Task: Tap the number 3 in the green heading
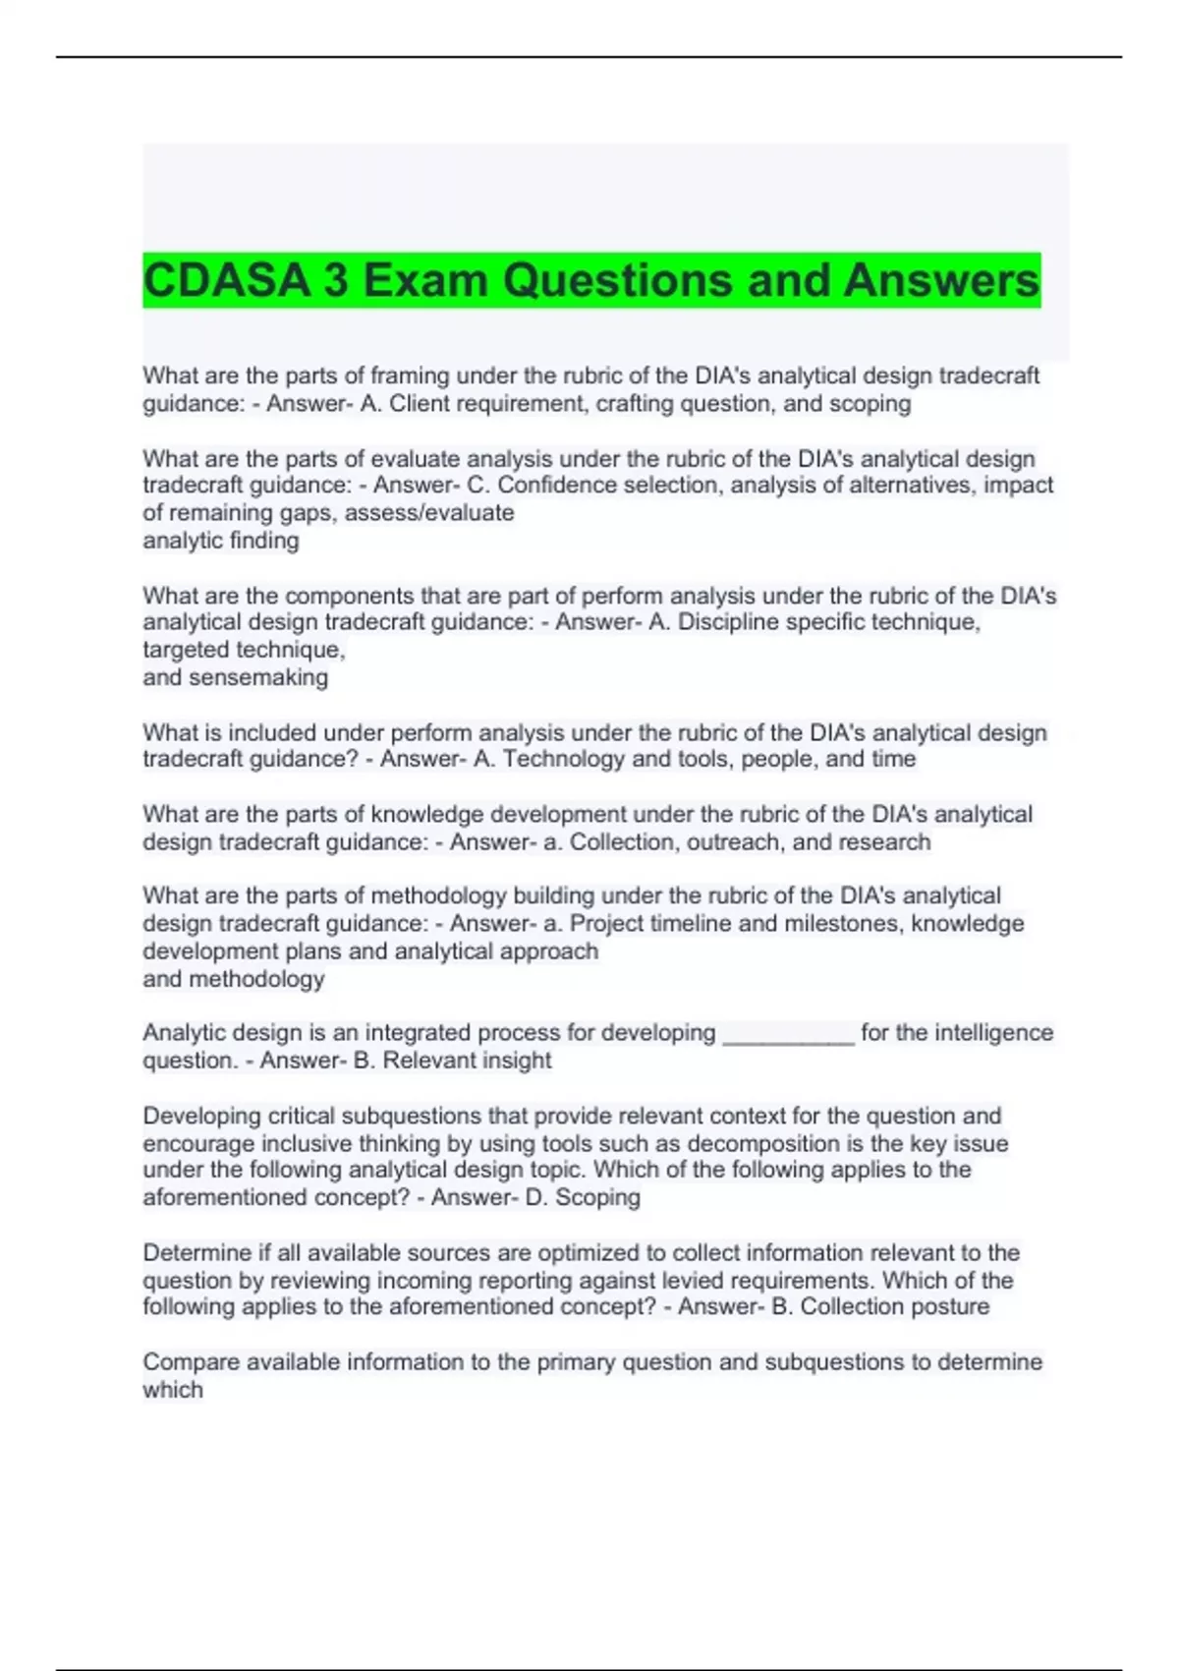[335, 281]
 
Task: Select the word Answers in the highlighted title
[940, 281]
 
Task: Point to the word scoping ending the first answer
[870, 404]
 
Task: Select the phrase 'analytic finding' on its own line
[221, 541]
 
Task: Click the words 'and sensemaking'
[236, 677]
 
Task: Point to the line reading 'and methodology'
[234, 979]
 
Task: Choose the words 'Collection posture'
[894, 1307]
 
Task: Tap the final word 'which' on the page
[173, 1390]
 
